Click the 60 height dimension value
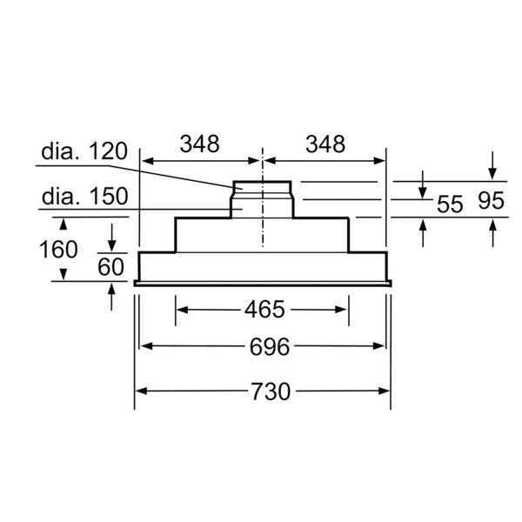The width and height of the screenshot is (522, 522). (110, 267)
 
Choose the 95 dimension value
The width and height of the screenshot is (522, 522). (492, 202)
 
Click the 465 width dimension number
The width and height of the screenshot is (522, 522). (264, 309)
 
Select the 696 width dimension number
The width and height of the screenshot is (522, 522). (264, 347)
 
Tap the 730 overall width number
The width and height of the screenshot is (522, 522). (264, 391)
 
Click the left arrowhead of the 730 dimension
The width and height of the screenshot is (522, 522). (140, 391)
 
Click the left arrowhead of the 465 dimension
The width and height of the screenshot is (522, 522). (182, 309)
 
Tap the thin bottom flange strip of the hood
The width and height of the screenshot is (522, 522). (263, 283)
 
